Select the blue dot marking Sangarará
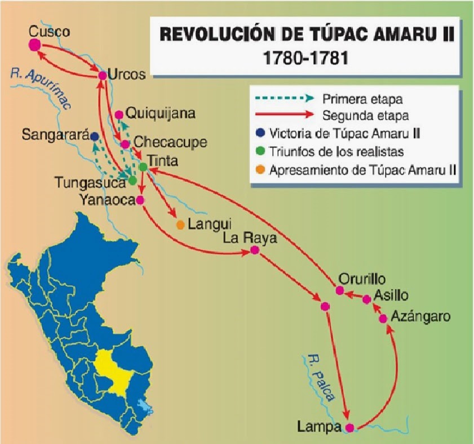95,136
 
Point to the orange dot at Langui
180,225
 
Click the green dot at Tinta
143,167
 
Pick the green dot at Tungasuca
132,181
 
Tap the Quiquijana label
161,114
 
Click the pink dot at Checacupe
125,144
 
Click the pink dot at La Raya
255,250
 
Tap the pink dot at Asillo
367,299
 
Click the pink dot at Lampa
350,428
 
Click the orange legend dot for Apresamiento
260,169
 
